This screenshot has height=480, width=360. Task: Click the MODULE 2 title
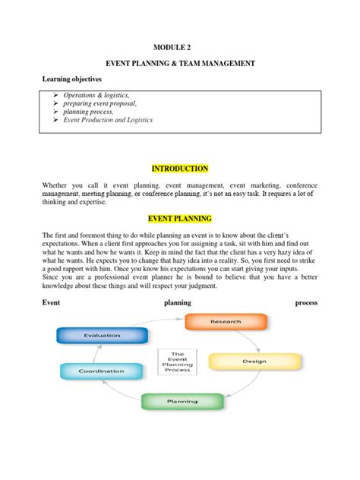179,46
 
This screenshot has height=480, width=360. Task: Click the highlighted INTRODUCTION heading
179,169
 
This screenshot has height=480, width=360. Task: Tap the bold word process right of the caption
306,303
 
